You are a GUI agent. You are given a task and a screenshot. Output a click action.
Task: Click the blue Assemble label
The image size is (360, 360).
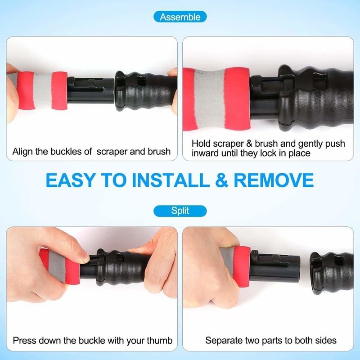[180, 17]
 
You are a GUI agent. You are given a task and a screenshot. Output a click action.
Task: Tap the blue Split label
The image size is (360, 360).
[180, 211]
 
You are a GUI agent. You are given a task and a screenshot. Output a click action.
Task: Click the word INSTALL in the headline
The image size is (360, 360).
[171, 180]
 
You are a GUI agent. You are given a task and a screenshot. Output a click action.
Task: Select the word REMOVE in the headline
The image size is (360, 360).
[274, 180]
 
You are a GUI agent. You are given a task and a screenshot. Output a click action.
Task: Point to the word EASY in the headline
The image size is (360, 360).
[71, 180]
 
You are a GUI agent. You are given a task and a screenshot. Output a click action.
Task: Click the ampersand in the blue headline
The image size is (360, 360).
[221, 180]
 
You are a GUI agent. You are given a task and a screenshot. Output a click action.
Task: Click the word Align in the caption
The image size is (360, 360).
[22, 152]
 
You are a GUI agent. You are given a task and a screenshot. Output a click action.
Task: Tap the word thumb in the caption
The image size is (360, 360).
[159, 340]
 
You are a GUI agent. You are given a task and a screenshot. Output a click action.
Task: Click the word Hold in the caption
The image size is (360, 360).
[201, 144]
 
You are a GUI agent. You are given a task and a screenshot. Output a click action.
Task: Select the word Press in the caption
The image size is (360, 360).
[25, 340]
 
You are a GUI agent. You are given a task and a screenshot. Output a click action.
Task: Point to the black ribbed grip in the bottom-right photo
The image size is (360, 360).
[332, 273]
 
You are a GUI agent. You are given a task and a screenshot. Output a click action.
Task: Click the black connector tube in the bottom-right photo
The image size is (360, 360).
[275, 266]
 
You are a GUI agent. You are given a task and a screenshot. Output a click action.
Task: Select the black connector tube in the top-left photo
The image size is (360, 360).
[91, 90]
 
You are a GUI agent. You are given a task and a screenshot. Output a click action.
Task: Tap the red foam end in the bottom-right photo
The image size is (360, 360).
[242, 266]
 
